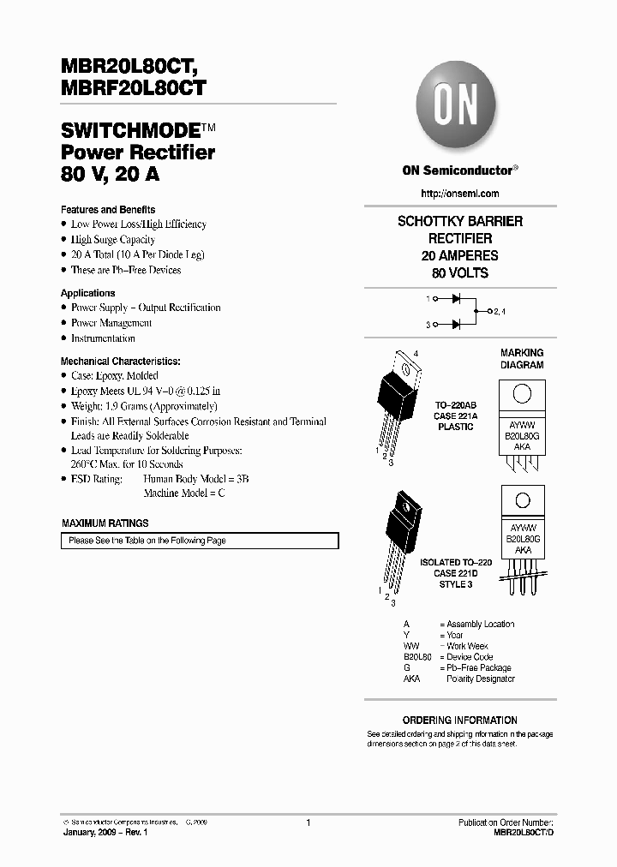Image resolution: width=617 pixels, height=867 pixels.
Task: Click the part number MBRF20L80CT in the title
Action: (133, 87)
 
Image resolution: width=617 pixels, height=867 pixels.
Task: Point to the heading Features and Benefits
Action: (108, 209)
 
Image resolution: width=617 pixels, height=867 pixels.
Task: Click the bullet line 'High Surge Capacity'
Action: (113, 240)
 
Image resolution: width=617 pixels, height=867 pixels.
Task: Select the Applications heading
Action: (87, 293)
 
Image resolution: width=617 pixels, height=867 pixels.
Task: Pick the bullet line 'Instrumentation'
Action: (103, 338)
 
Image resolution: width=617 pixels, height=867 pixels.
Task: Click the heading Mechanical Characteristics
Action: (121, 362)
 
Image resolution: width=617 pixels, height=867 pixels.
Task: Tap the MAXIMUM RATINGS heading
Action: (105, 523)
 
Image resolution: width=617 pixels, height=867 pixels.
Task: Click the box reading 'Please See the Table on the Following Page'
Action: (200, 541)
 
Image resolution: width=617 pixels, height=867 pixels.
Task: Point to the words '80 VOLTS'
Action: (460, 273)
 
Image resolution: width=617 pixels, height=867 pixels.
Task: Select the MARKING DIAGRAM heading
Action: (522, 359)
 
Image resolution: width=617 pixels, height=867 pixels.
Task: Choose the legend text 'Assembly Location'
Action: (480, 624)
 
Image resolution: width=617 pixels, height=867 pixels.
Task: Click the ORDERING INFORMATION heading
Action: (460, 721)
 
